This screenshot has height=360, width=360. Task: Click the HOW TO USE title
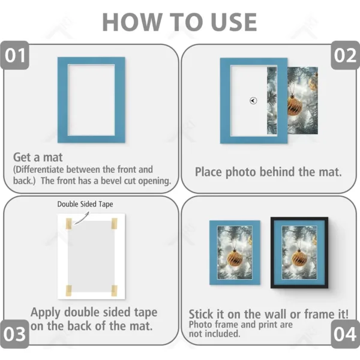(x=179, y=22)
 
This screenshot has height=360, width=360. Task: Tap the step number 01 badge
(x=16, y=56)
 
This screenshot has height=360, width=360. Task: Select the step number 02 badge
(x=345, y=56)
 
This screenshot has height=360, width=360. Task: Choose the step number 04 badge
(x=345, y=333)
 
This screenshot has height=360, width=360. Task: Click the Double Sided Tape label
(x=85, y=204)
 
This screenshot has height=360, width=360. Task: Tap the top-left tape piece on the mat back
(x=69, y=224)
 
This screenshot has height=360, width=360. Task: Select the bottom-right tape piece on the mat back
(x=113, y=290)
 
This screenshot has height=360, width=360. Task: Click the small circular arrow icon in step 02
(x=253, y=101)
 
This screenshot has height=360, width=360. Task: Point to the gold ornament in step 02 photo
(x=294, y=103)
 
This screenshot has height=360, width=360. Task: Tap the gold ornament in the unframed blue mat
(x=235, y=257)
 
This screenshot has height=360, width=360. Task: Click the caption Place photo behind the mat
(x=268, y=172)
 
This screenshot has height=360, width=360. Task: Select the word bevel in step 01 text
(x=115, y=180)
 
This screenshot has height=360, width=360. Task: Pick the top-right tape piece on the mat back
(x=114, y=224)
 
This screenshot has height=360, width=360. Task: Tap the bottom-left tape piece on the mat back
(x=69, y=290)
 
